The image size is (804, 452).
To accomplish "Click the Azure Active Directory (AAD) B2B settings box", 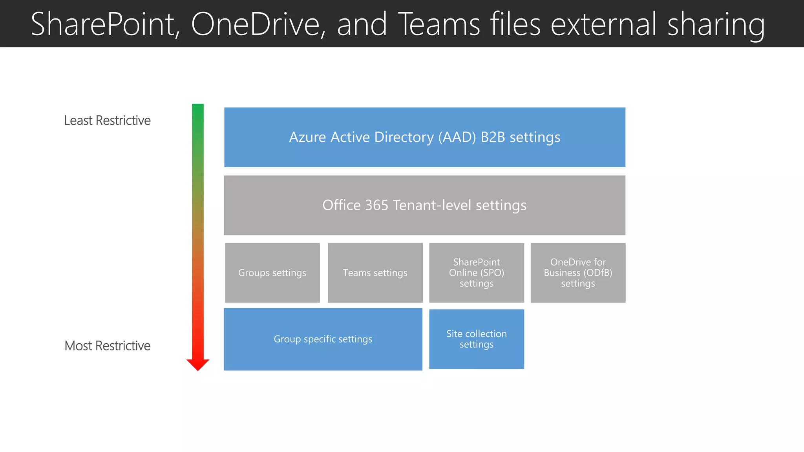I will click(424, 137).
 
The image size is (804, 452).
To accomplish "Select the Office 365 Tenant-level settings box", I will click(424, 205).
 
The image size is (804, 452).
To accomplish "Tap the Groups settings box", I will click(272, 273).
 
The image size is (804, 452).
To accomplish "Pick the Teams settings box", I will click(375, 273).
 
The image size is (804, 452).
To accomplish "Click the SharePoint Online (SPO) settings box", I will click(476, 273).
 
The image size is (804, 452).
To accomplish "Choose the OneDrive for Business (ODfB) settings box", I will click(578, 273).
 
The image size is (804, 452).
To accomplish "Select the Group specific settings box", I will click(323, 339).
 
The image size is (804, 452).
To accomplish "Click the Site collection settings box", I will click(476, 339).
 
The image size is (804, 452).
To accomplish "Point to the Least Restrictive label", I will click(107, 120).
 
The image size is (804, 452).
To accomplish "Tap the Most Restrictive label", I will click(107, 346).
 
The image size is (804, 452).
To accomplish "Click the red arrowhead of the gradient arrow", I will click(198, 364).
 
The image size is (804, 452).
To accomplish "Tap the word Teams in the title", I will click(439, 24).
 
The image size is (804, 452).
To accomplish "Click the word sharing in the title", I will click(716, 24).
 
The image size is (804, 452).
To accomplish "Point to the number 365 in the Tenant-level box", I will click(376, 205).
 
